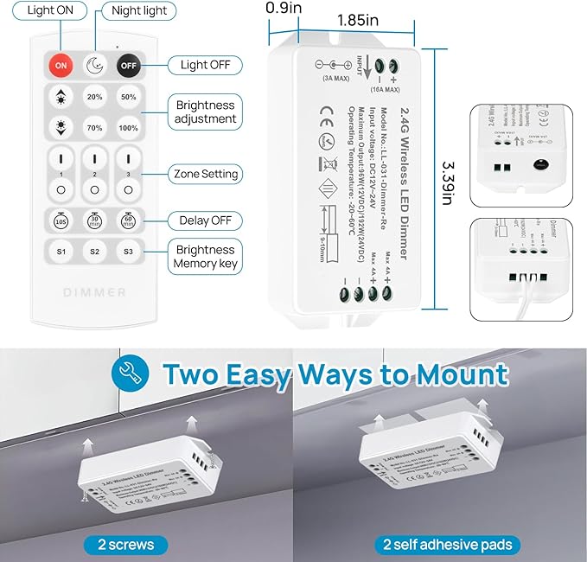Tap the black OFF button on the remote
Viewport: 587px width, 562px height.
(128, 65)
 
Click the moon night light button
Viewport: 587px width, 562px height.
(94, 65)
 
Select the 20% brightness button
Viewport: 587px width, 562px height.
(94, 97)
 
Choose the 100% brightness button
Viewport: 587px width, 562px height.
(128, 128)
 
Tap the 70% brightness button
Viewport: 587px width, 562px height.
(94, 128)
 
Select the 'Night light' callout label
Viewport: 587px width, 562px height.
(138, 12)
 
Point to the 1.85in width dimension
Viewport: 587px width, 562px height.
(357, 17)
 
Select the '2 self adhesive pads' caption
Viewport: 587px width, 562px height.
(447, 544)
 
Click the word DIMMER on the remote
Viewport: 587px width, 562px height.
(94, 292)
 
